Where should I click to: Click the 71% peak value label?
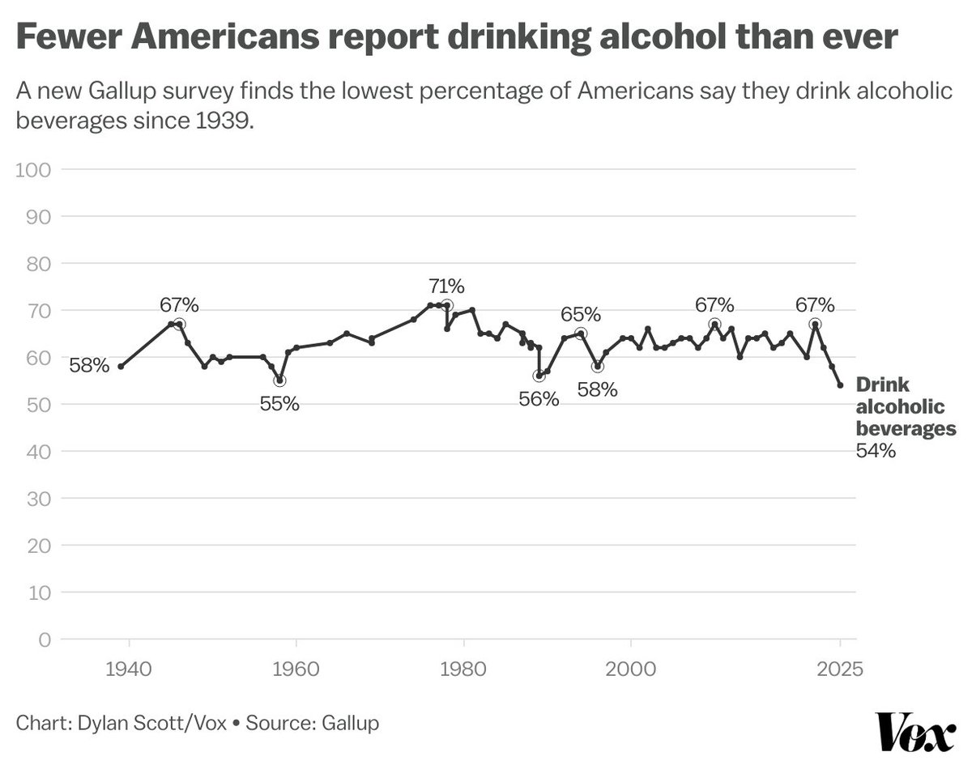pos(446,286)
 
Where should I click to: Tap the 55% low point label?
pos(279,403)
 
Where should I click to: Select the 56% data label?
pos(539,398)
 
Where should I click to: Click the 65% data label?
pos(581,314)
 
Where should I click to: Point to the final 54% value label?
pos(875,452)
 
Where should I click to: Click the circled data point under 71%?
pos(447,305)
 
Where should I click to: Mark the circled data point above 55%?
pos(279,380)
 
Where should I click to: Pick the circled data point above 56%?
pos(539,376)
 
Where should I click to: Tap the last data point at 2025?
pos(840,385)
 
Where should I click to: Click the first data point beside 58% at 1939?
pos(121,367)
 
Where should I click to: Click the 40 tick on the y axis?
pos(37,452)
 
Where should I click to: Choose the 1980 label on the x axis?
pos(463,670)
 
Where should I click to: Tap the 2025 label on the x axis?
pos(840,670)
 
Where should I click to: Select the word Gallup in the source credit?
pos(349,722)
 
